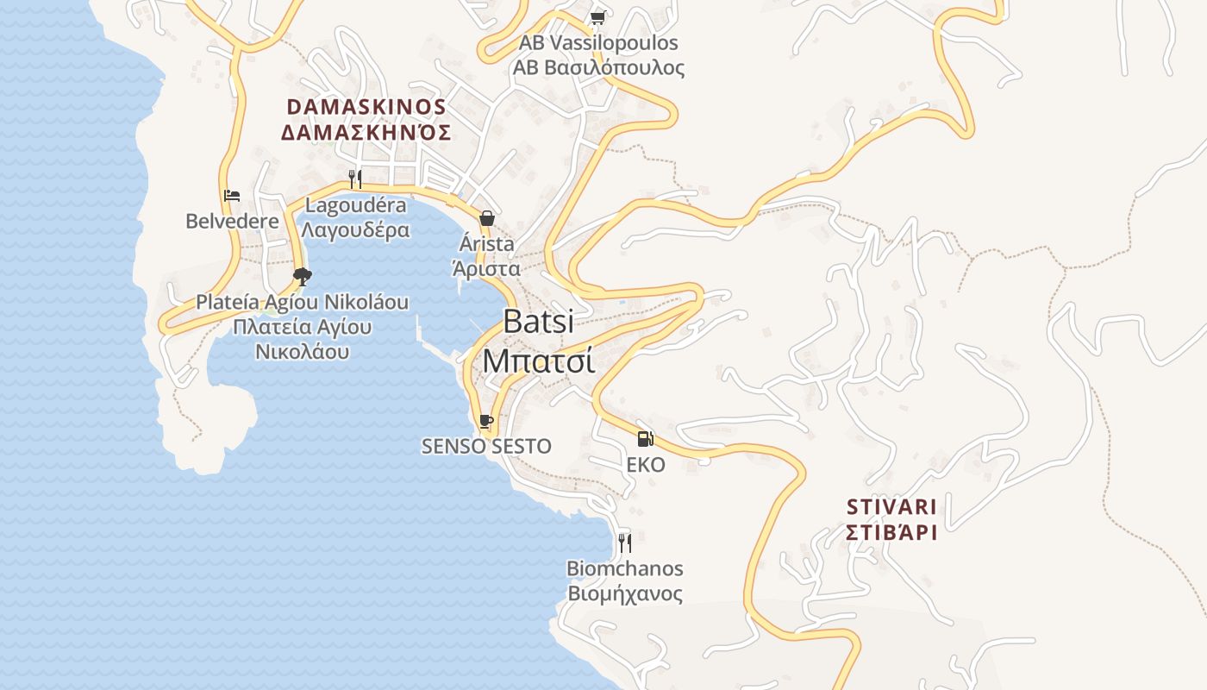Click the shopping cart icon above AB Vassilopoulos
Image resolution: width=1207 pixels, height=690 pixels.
597,17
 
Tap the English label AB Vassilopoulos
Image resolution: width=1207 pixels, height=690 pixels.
598,42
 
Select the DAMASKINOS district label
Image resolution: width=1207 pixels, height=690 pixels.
366,107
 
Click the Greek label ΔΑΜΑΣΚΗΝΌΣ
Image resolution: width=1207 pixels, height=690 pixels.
366,132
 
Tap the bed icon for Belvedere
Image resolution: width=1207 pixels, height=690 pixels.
232,196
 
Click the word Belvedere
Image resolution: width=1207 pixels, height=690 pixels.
233,221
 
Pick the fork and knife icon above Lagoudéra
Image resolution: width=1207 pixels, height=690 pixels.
355,179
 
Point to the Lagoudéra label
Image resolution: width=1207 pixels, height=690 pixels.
355,205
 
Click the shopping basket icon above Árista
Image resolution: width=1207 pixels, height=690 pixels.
486,218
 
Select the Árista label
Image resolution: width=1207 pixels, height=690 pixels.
486,244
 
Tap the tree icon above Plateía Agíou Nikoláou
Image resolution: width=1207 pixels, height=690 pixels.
302,277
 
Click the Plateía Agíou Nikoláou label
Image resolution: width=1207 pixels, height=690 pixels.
302,303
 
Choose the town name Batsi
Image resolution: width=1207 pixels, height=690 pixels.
538,322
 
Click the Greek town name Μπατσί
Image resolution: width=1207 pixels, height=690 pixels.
538,361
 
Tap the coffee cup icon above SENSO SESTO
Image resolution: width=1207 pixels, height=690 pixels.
486,421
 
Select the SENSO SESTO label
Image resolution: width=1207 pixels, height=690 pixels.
486,446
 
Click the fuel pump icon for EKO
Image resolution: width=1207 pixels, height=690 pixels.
646,439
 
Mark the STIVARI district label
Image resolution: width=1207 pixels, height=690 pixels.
891,506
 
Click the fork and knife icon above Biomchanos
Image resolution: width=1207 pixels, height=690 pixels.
625,543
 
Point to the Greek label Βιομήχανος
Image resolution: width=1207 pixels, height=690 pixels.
625,594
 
